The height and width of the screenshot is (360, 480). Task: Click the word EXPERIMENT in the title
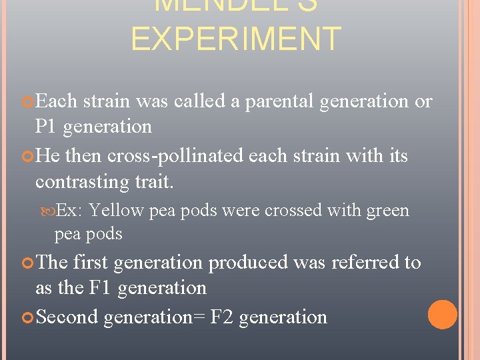pyautogui.click(x=236, y=39)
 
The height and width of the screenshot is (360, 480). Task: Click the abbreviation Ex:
pyautogui.click(x=69, y=211)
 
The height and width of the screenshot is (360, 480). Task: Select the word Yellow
pyautogui.click(x=116, y=211)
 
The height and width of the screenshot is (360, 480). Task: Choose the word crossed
pyautogui.click(x=285, y=211)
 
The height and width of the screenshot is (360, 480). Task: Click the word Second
pyautogui.click(x=67, y=317)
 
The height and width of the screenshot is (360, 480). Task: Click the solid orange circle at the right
pyautogui.click(x=442, y=315)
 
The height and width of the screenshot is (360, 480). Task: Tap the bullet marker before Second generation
pyautogui.click(x=27, y=317)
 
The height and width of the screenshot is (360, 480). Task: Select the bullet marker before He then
pyautogui.click(x=27, y=157)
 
